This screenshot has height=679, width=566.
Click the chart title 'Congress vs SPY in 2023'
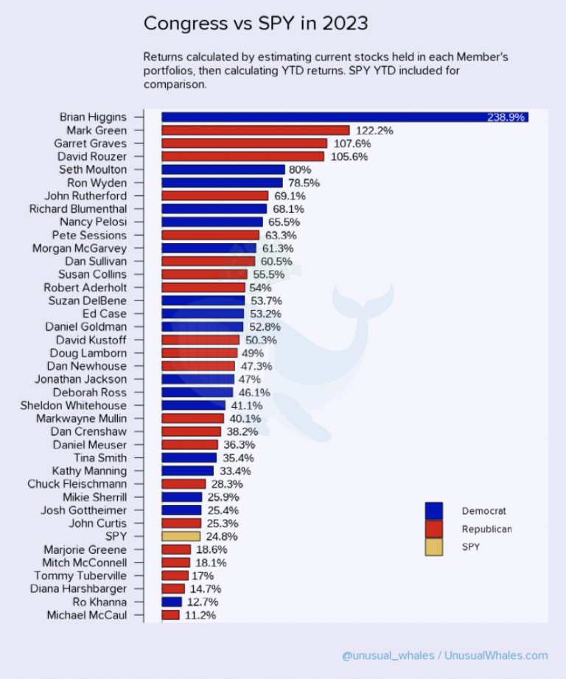point(256,24)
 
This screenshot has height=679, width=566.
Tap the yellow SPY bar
point(181,537)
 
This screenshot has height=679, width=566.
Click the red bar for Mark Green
point(255,130)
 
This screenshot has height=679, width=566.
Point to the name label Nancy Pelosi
point(93,222)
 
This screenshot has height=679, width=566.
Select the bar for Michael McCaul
point(170,615)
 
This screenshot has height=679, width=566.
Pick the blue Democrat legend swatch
point(434,510)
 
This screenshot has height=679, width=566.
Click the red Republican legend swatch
point(434,529)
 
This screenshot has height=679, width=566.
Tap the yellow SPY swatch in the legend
point(434,547)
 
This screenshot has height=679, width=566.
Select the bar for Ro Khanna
point(171,602)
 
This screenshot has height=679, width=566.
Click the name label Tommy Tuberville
point(80,575)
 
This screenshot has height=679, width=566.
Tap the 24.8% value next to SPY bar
point(223,537)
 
